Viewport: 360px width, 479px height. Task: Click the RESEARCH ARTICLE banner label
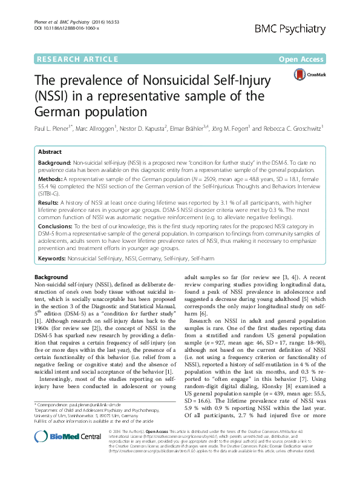coord(77,59)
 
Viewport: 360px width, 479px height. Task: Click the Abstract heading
coord(50,153)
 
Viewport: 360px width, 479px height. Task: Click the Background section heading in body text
coord(51,276)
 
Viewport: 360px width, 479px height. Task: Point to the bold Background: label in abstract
coord(56,164)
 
